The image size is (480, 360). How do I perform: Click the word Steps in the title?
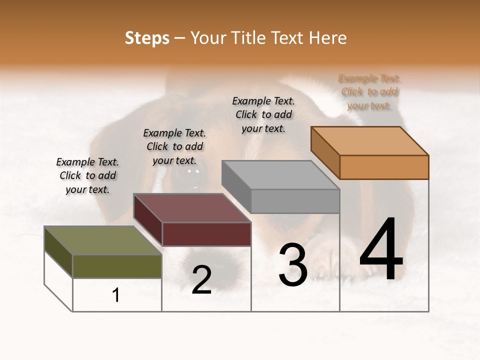click(x=147, y=38)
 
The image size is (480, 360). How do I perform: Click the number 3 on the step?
click(x=293, y=265)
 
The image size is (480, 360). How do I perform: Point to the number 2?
click(x=201, y=280)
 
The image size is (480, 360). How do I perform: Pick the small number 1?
click(x=116, y=295)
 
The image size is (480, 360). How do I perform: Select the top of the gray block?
click(x=280, y=175)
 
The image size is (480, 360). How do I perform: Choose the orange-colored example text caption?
click(x=369, y=92)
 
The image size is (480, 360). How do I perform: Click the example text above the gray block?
click(x=263, y=114)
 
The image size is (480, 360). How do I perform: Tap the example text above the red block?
click(x=174, y=146)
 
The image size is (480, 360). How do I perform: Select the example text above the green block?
click(x=87, y=175)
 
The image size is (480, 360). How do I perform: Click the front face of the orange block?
click(x=384, y=167)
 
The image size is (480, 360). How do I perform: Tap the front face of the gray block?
click(x=295, y=201)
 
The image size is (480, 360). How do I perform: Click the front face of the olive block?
click(x=117, y=266)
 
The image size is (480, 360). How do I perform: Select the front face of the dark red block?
click(x=206, y=234)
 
